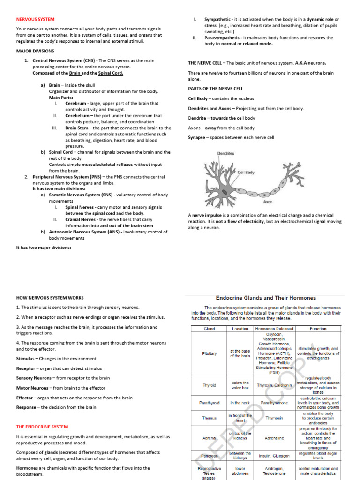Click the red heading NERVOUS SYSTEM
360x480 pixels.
click(35, 19)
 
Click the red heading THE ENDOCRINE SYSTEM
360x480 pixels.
click(42, 427)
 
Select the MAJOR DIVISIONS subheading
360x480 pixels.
click(35, 51)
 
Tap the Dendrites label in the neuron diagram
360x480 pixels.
click(225, 153)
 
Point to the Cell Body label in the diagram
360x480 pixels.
click(246, 172)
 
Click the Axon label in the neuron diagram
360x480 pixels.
click(268, 202)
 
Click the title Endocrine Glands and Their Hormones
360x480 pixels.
click(265, 298)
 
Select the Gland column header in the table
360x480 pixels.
click(209, 329)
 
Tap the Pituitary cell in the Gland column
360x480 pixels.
click(209, 353)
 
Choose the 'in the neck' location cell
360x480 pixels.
click(240, 403)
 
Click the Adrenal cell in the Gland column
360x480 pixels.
click(209, 438)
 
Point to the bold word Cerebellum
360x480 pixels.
click(78, 115)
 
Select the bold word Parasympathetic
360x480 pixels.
click(222, 38)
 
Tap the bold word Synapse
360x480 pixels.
click(196, 138)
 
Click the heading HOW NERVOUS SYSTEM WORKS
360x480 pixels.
click(50, 298)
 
